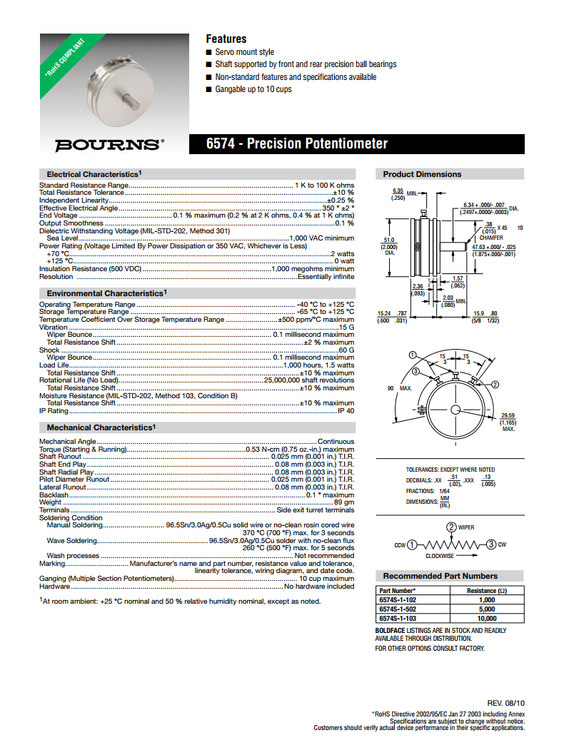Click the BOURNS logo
109,144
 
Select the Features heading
226,39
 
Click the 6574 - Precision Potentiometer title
297,144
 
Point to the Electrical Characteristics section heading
94,174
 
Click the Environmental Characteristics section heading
105,293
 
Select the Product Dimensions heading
422,174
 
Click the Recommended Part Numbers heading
440,576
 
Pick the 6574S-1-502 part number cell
398,609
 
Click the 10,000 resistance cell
486,619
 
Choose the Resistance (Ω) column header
486,591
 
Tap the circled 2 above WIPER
451,527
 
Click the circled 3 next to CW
491,545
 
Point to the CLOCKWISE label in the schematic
440,555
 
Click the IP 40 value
346,411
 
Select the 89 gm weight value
344,502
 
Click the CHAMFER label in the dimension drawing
491,238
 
